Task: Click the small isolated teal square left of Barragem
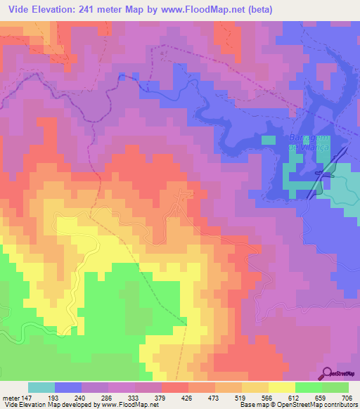268,140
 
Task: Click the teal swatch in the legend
41,387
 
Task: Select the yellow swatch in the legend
281,387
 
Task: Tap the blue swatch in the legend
67,387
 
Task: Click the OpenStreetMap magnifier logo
328,373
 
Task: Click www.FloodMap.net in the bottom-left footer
118,405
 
